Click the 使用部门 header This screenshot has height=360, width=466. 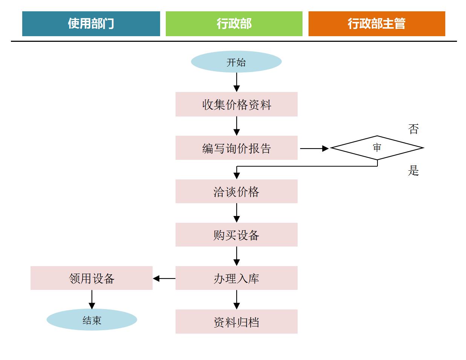click(91, 24)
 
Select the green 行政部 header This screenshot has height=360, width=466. click(234, 24)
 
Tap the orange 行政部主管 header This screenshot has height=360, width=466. click(377, 24)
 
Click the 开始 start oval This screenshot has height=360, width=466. click(236, 62)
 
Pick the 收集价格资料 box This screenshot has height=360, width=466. click(236, 104)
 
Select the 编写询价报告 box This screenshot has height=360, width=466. click(236, 148)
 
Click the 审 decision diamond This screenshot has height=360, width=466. click(377, 148)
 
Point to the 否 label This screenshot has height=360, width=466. click(413, 129)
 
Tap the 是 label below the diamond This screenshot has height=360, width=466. click(413, 171)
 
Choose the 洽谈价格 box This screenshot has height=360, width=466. click(236, 191)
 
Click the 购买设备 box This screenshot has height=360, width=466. click(236, 235)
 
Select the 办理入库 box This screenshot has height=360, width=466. click(236, 278)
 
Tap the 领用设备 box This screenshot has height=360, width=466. click(92, 278)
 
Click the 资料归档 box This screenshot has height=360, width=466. click(236, 322)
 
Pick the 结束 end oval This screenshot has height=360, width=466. click(92, 320)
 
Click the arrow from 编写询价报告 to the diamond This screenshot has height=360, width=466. click(314, 149)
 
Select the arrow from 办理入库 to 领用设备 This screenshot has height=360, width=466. click(164, 279)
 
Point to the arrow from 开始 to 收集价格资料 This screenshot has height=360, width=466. click(237, 82)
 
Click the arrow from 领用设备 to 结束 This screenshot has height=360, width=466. click(92, 299)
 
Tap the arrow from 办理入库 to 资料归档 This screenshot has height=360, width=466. click(237, 300)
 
